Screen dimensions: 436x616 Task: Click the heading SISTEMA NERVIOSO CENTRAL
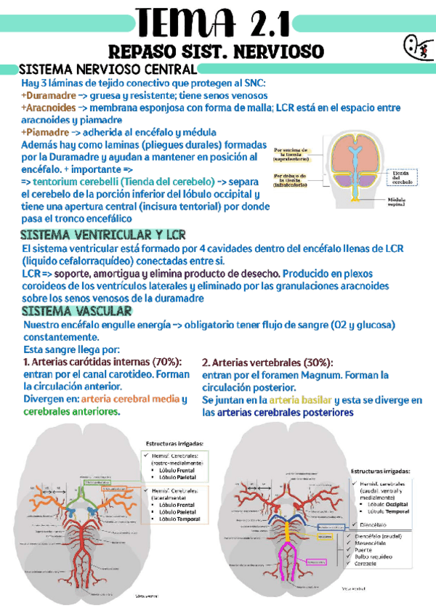click(x=107, y=70)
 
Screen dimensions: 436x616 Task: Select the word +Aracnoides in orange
click(x=49, y=108)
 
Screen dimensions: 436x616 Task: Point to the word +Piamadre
click(x=44, y=132)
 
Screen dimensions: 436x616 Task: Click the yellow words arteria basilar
click(x=299, y=400)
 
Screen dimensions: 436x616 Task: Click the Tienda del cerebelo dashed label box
click(x=405, y=177)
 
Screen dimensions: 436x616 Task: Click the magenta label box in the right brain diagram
click(x=320, y=562)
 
